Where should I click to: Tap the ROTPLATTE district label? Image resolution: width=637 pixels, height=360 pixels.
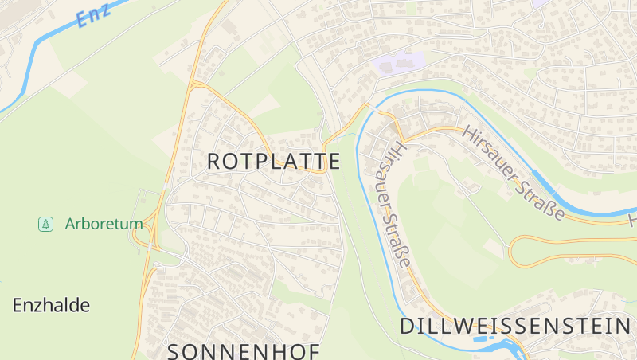coord(273,162)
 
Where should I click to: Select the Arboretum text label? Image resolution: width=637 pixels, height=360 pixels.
coord(104,224)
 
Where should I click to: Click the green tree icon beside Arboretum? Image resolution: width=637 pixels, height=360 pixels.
coord(45,224)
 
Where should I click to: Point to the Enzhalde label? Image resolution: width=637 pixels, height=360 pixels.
coord(51,305)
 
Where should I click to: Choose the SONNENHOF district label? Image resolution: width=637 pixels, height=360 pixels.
coord(243,351)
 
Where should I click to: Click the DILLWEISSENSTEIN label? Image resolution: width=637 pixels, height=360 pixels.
coord(514,326)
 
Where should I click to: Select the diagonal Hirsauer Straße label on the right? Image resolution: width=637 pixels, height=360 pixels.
coord(513,173)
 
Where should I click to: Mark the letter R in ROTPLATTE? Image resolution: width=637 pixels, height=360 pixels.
coord(214,162)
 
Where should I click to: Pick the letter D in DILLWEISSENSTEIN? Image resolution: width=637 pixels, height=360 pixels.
coord(407,326)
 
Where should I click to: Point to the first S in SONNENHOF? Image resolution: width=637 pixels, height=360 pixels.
coord(175,351)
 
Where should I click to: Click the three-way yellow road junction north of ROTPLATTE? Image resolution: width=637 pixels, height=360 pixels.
coord(195,82)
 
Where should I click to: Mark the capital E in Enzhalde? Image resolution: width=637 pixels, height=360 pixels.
coord(18,305)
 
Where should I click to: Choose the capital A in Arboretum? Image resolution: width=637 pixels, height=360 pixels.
coord(70,224)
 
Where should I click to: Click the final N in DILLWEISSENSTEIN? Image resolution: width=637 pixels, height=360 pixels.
coord(623,326)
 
